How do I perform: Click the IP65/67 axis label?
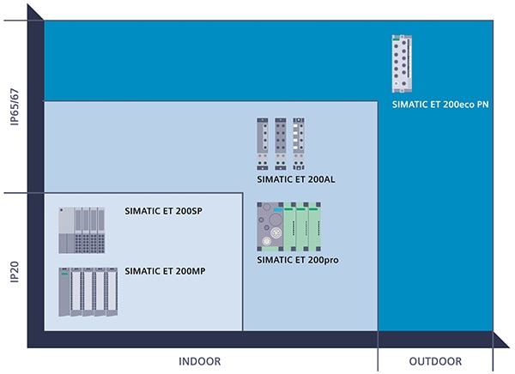(15, 106)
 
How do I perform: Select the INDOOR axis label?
(199, 361)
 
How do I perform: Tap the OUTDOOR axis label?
(435, 361)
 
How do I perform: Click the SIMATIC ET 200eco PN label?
(440, 105)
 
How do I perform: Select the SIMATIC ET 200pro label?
(298, 258)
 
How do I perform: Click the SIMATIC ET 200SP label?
(163, 211)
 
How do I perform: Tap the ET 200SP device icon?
(82, 230)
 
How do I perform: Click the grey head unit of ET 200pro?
(270, 226)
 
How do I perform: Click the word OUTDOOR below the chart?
(435, 361)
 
